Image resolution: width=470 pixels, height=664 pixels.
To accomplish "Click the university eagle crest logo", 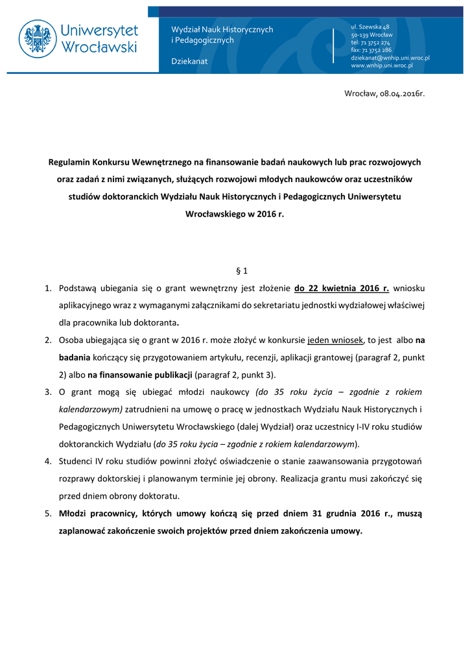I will pyautogui.click(x=38, y=38).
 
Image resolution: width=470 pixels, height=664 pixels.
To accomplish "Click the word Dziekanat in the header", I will pyautogui.click(x=189, y=61).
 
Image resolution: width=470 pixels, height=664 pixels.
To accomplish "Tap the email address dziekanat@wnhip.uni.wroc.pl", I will pyautogui.click(x=390, y=58).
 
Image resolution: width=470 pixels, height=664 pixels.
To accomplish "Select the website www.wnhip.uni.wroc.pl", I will pyautogui.click(x=382, y=65).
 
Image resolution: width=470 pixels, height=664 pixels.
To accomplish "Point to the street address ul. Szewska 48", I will pyautogui.click(x=370, y=27).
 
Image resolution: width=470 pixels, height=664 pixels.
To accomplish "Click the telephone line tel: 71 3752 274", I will pyautogui.click(x=370, y=42).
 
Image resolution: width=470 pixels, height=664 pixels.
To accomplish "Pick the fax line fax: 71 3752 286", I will pyautogui.click(x=371, y=50).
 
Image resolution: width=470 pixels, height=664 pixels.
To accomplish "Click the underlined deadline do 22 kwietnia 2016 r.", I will pyautogui.click(x=341, y=288).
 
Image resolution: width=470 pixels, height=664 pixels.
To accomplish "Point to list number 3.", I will pyautogui.click(x=48, y=392).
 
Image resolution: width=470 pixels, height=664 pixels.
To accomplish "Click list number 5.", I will pyautogui.click(x=48, y=514).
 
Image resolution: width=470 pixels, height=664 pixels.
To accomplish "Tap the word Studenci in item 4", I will pyautogui.click(x=76, y=462).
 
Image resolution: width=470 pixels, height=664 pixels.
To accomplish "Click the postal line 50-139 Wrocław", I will pyautogui.click(x=371, y=34).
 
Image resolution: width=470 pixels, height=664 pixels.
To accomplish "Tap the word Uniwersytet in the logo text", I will pyautogui.click(x=99, y=30).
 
